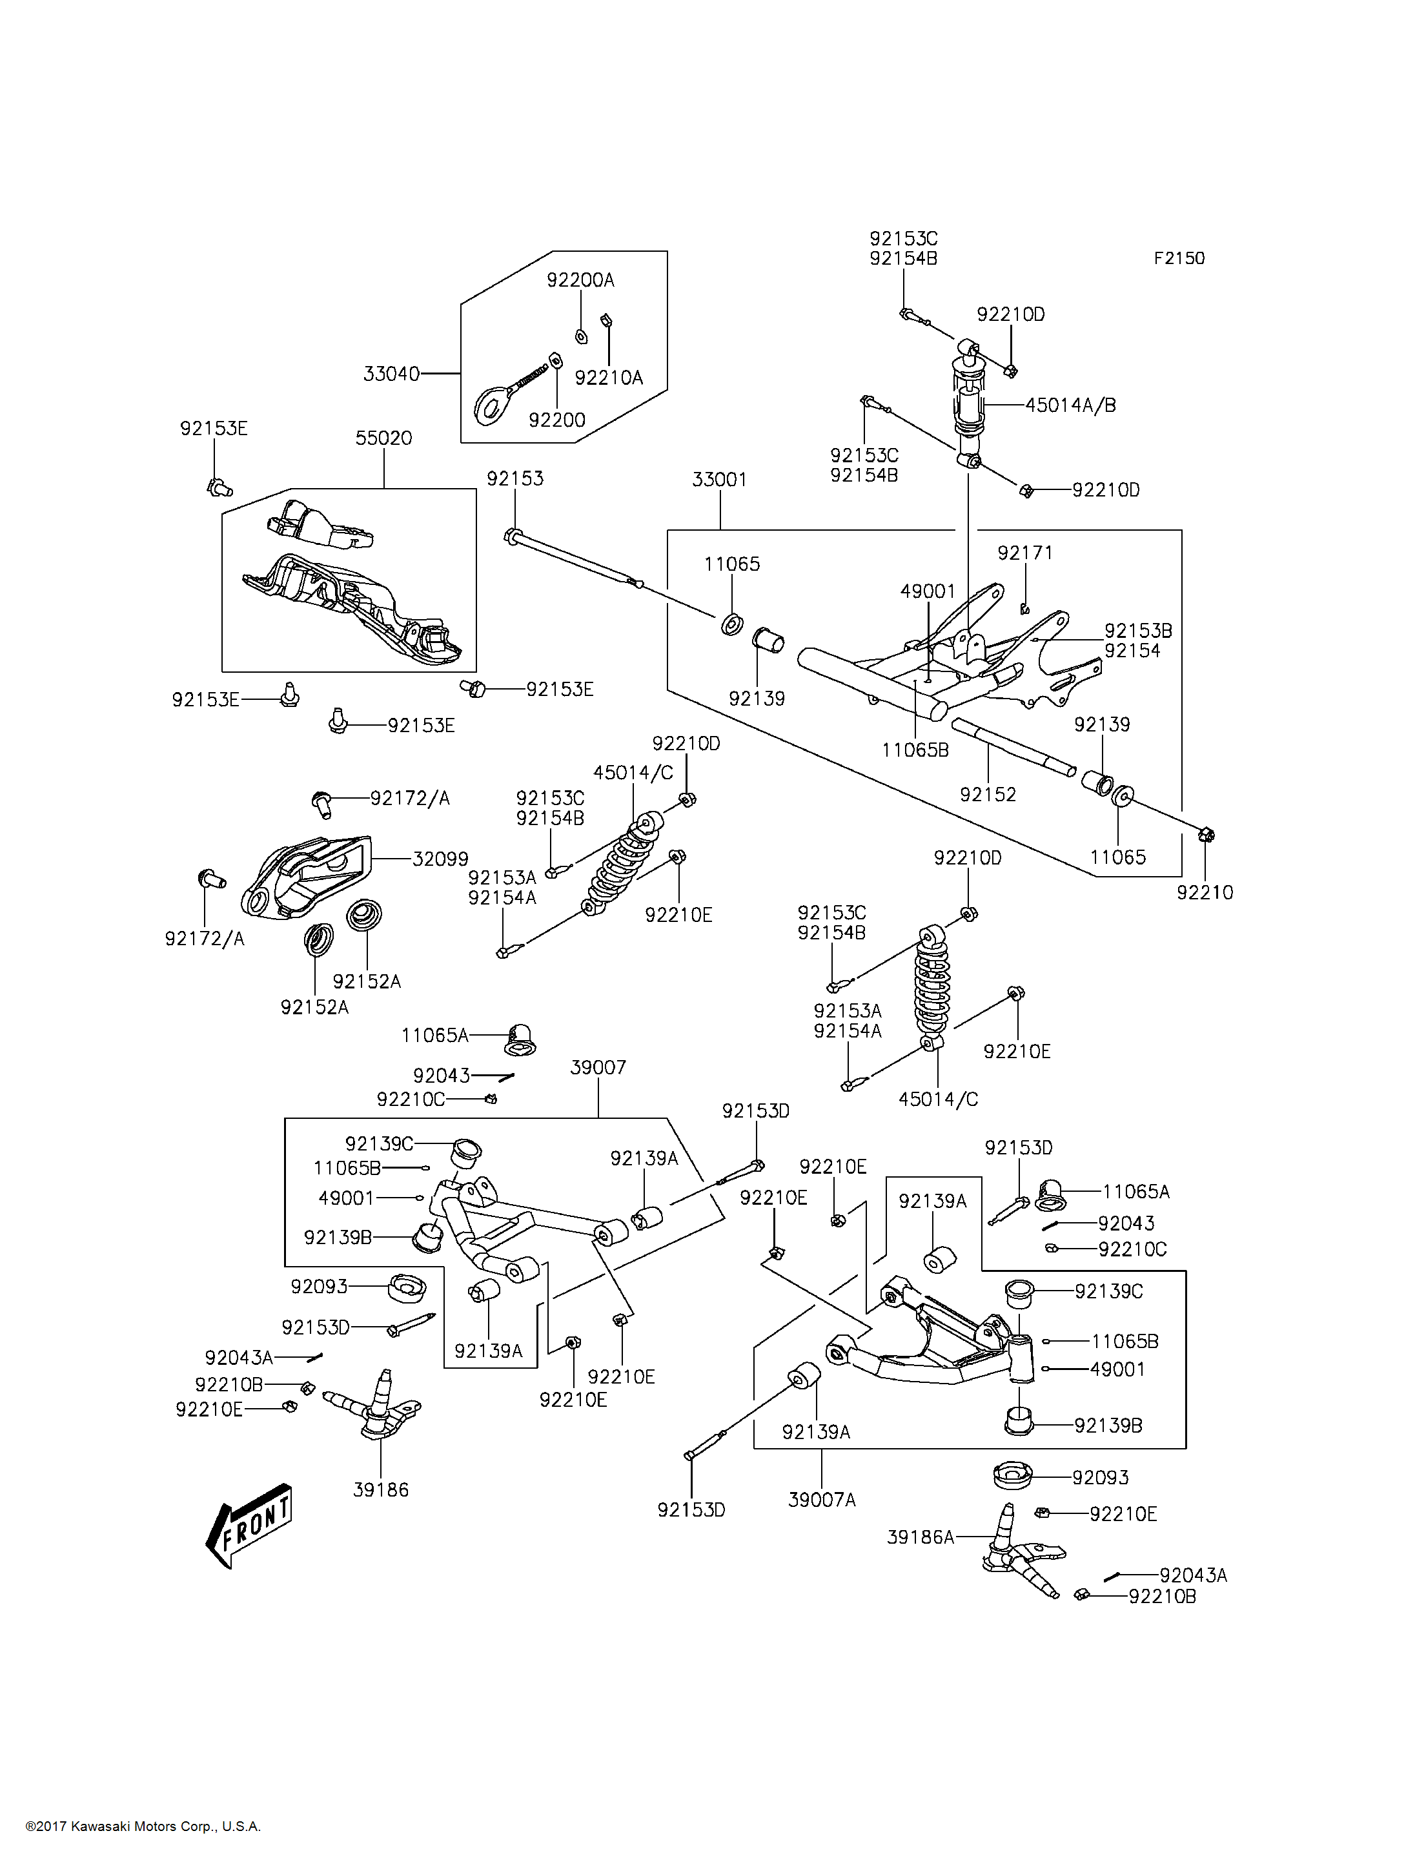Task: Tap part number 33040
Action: pyautogui.click(x=391, y=373)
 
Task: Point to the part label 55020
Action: pyautogui.click(x=383, y=438)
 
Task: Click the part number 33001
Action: pyautogui.click(x=719, y=480)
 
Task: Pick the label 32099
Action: pyautogui.click(x=440, y=859)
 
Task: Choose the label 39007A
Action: pyautogui.click(x=821, y=1500)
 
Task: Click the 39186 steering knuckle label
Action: pyautogui.click(x=381, y=1489)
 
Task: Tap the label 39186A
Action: pyautogui.click(x=920, y=1537)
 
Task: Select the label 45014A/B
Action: pyautogui.click(x=1070, y=405)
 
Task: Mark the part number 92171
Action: pyautogui.click(x=1025, y=553)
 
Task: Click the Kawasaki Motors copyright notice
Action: pyautogui.click(x=143, y=1826)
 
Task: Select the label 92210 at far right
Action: pyautogui.click(x=1205, y=893)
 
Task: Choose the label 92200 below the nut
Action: pyautogui.click(x=556, y=420)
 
